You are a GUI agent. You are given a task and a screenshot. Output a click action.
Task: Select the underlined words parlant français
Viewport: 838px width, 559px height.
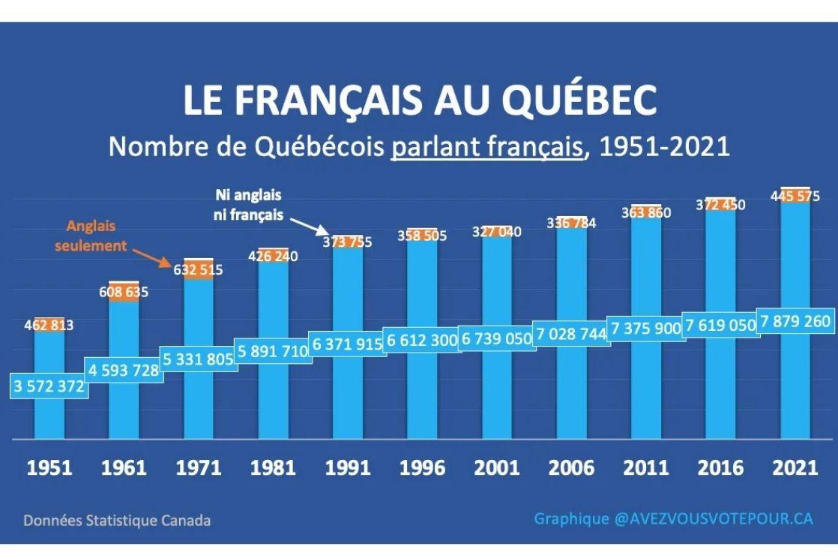486,146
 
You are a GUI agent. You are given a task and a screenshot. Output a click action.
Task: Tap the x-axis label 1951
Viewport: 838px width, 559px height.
49,468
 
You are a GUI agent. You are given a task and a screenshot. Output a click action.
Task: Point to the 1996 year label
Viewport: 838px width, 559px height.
422,468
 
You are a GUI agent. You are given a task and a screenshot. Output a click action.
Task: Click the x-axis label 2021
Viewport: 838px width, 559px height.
795,468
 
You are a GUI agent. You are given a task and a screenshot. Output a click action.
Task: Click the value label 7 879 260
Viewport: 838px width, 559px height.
795,321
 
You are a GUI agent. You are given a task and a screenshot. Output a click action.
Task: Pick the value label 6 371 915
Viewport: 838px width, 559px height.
347,344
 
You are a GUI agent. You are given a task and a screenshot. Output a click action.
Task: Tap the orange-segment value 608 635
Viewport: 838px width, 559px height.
124,292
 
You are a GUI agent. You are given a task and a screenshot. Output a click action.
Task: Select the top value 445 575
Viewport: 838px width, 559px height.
795,197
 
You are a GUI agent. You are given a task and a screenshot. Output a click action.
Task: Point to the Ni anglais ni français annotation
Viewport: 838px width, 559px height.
249,204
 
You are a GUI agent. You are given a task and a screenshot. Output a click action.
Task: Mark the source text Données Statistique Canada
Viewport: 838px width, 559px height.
117,520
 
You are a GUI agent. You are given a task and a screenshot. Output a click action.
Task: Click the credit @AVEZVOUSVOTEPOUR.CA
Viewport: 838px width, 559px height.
713,518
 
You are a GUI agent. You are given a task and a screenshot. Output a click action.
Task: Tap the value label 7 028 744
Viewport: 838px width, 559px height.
571,334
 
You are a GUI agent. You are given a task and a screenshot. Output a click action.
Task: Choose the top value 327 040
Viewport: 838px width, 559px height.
496,232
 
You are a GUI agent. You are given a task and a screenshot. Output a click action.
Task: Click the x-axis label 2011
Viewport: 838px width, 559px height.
646,468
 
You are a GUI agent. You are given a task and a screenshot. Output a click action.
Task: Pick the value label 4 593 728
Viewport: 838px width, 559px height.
124,370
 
